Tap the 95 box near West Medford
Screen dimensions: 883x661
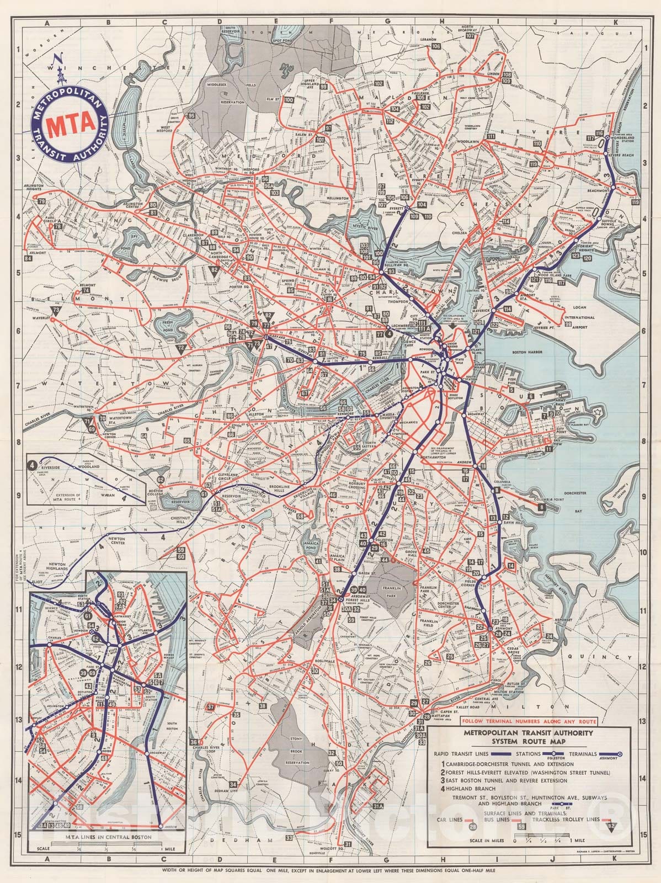tap(191, 115)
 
